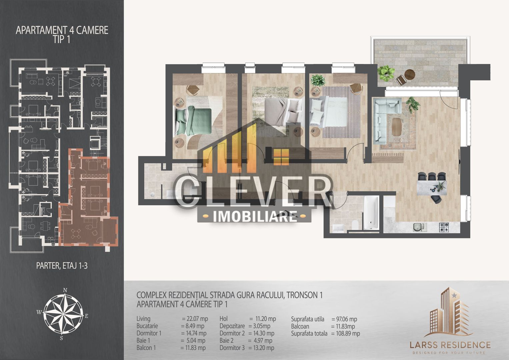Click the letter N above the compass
coord(66,290)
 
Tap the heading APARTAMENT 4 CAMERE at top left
coord(62,30)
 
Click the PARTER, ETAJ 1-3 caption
coord(62,266)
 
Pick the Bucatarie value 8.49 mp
coord(193,326)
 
